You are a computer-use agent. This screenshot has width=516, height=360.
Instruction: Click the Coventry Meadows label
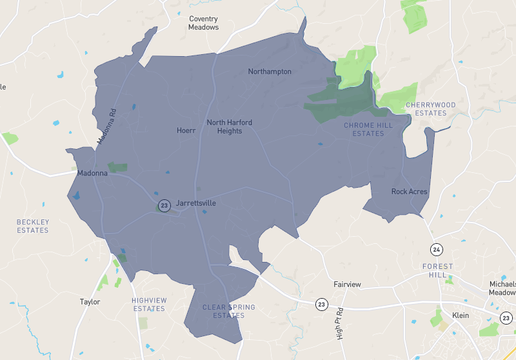click(x=203, y=23)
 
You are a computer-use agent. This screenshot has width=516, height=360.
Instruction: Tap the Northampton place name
click(x=270, y=72)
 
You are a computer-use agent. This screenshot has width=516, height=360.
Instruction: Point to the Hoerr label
click(x=186, y=131)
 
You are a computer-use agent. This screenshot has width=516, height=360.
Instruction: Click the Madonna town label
click(x=93, y=173)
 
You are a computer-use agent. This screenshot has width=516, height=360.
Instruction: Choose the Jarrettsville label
click(x=196, y=203)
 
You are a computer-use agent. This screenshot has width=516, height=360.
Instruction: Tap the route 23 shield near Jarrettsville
click(x=164, y=205)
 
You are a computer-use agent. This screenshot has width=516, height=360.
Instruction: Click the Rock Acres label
click(x=409, y=191)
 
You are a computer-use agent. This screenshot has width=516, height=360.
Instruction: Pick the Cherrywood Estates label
click(x=431, y=108)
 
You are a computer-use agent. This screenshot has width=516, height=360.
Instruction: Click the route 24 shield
click(x=436, y=248)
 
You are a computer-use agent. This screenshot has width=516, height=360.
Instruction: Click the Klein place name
click(x=461, y=315)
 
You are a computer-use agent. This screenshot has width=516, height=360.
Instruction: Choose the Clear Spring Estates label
click(x=223, y=311)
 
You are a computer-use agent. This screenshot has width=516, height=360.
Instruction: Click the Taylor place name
click(x=90, y=300)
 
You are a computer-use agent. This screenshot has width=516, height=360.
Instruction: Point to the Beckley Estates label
click(x=32, y=226)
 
